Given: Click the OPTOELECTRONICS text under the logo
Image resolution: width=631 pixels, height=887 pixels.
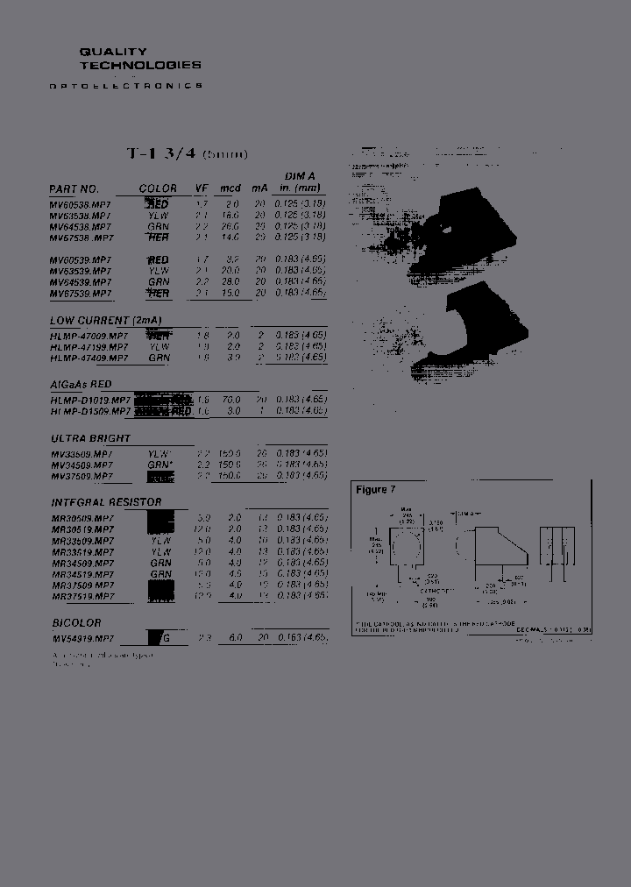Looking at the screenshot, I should [x=126, y=86].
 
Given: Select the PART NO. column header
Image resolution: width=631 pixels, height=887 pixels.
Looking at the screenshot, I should [x=74, y=188].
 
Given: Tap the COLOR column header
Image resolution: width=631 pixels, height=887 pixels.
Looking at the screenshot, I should [x=158, y=188].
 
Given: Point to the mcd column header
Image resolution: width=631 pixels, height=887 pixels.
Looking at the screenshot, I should [x=230, y=188].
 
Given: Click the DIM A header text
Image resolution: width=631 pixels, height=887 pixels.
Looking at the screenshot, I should [x=300, y=176].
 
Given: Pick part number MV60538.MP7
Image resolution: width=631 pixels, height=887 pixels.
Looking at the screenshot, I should [x=81, y=204].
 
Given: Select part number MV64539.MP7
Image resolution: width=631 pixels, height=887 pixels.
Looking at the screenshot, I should [x=81, y=282].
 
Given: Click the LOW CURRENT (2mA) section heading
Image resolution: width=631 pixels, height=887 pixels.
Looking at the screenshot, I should [x=106, y=321].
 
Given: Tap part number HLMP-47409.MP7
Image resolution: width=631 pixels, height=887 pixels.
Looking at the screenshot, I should [x=89, y=358].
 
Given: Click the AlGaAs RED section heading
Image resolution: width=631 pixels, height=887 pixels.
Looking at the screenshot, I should [x=81, y=385].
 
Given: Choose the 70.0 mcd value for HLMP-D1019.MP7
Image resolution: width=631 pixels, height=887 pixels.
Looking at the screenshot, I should [x=231, y=400].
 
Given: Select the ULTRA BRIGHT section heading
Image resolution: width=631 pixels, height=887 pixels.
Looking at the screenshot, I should [x=90, y=438].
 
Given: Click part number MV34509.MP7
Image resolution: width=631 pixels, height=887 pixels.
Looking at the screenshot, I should [x=82, y=465].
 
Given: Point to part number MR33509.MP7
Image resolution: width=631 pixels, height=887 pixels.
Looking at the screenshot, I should [x=82, y=541].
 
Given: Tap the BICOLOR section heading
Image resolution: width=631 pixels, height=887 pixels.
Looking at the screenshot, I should [x=75, y=623].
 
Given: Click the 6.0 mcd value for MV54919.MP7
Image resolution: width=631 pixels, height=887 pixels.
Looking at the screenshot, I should [x=235, y=638].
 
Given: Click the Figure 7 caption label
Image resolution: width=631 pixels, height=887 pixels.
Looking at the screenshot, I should [x=372, y=490].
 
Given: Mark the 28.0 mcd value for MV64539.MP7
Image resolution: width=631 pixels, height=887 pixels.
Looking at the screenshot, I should [x=231, y=282].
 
